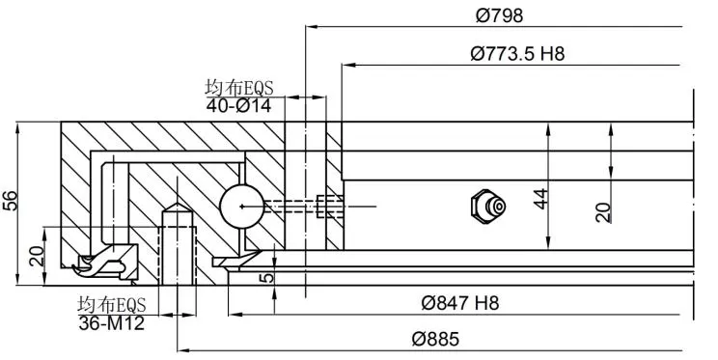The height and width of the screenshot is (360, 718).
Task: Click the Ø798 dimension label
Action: pyautogui.click(x=499, y=16)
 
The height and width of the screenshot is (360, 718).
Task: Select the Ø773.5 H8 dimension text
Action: pyautogui.click(x=517, y=54)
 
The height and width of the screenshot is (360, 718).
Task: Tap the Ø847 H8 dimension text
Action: pyautogui.click(x=459, y=303)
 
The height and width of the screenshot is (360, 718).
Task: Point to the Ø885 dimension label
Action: pyautogui.click(x=435, y=340)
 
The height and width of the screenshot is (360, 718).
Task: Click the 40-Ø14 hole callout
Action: pyautogui.click(x=238, y=106)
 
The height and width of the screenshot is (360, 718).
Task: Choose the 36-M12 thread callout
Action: pyautogui.click(x=111, y=323)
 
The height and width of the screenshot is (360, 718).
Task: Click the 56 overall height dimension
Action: pyautogui.click(x=10, y=200)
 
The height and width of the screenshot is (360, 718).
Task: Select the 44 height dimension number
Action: pyautogui.click(x=540, y=199)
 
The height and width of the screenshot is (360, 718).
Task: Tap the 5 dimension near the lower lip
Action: pyautogui.click(x=268, y=277)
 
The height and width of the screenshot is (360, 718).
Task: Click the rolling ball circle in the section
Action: pyautogui.click(x=242, y=207)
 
